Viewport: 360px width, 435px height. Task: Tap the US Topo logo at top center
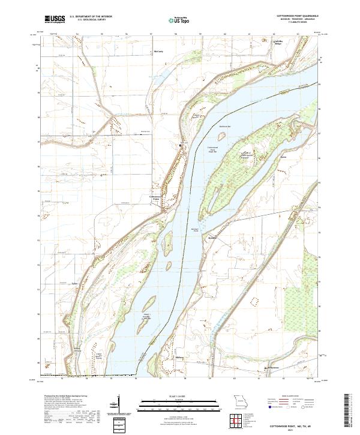[x=179, y=20]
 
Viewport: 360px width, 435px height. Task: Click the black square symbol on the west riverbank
[x=181, y=145]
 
